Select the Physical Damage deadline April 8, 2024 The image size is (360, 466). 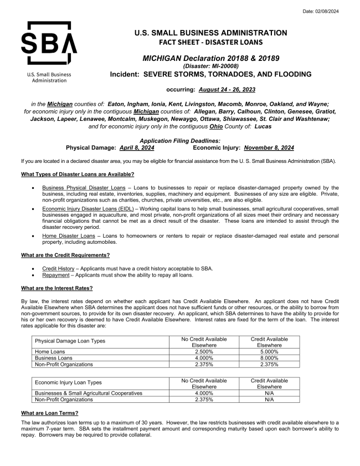137,148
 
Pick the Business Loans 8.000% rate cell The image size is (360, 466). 269,358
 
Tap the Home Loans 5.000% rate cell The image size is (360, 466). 269,352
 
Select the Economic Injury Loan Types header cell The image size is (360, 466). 69,383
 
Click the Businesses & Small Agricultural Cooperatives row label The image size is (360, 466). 89,393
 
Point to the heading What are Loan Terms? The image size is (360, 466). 50,413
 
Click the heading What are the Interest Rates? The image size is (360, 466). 56,288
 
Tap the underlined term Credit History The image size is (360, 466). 58,268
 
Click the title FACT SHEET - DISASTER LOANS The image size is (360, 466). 210,42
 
